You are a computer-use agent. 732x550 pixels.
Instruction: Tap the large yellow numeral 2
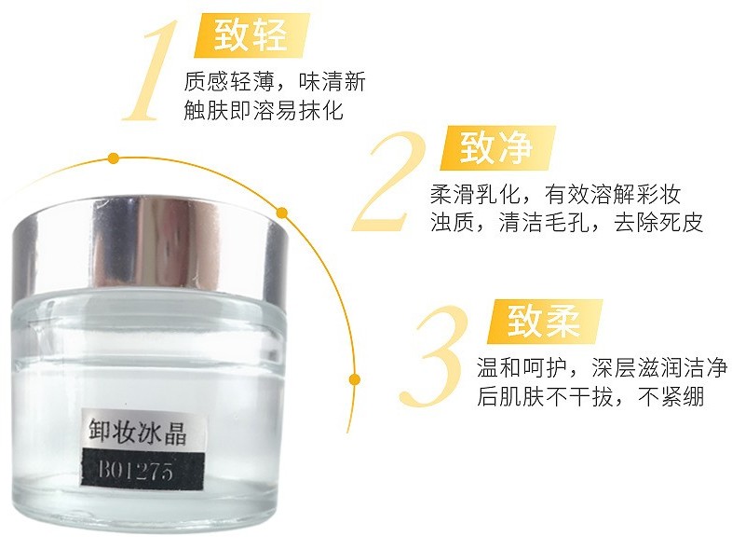click(391, 181)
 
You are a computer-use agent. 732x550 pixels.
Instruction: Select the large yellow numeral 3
click(435, 355)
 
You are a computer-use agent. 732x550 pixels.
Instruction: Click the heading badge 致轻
click(251, 35)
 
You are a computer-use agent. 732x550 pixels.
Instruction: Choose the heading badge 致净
click(497, 147)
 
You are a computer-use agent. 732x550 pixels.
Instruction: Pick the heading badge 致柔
click(544, 322)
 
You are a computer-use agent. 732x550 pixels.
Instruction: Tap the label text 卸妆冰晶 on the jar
click(138, 432)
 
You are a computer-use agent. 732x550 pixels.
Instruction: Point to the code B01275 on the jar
click(135, 469)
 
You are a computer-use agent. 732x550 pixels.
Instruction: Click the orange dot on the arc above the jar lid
click(113, 158)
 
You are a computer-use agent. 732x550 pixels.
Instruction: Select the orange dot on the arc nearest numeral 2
click(281, 213)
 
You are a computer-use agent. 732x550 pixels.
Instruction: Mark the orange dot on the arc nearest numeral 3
click(355, 378)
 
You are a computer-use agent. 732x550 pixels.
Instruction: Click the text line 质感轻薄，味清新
click(275, 81)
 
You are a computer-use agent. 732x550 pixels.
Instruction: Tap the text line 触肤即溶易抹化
click(264, 110)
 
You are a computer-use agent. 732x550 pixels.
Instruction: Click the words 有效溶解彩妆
click(613, 194)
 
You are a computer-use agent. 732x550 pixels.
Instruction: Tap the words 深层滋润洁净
click(659, 368)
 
